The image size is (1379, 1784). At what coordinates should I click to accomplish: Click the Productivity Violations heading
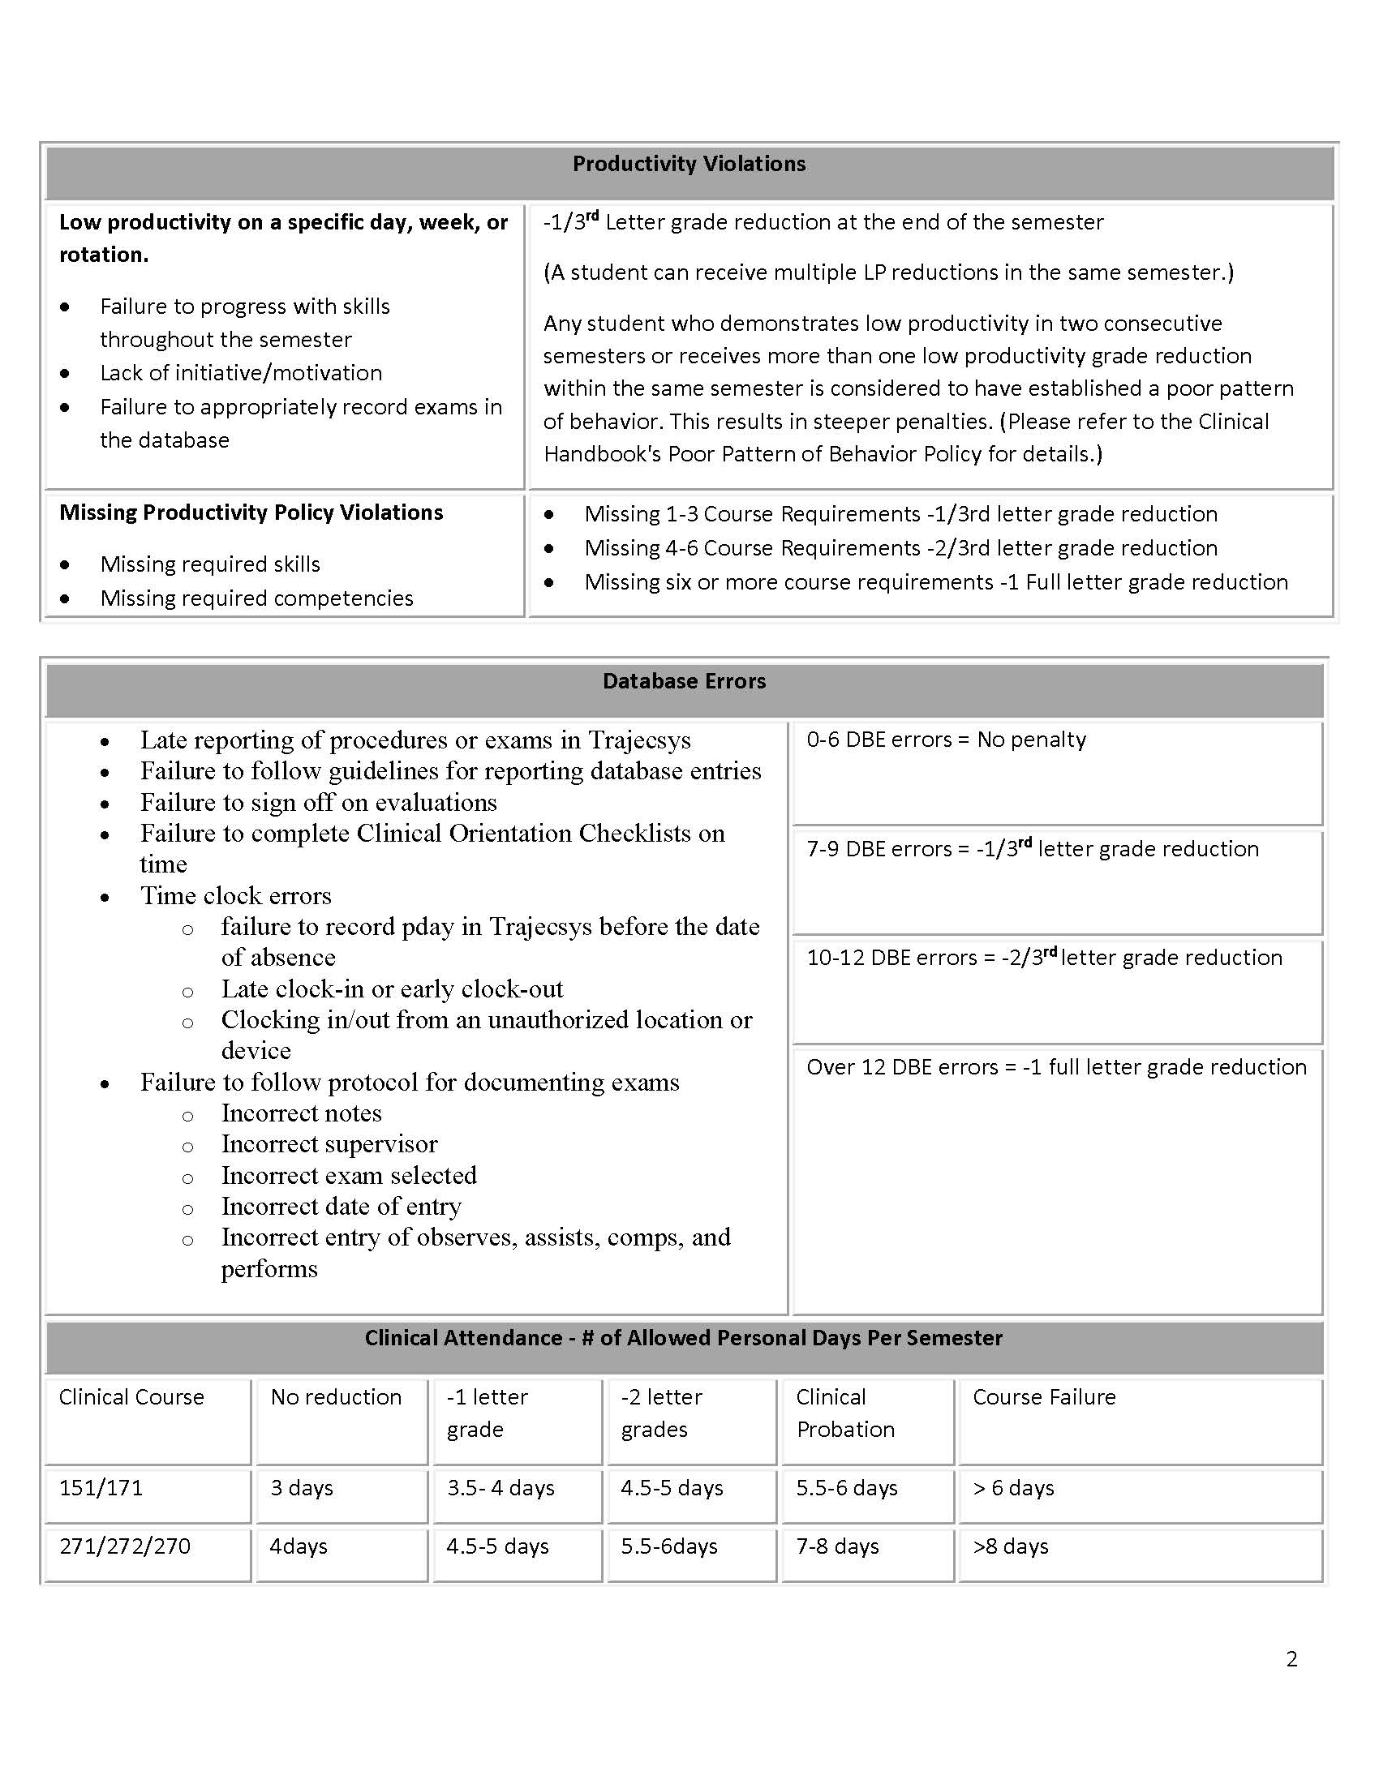[x=689, y=164]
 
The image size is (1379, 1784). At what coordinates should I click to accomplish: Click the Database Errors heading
[x=684, y=681]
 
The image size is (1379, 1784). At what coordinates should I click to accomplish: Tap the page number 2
[x=1291, y=1658]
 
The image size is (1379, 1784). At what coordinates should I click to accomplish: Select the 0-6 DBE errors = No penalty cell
[x=946, y=740]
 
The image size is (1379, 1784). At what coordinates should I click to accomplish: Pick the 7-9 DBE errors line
[x=1032, y=849]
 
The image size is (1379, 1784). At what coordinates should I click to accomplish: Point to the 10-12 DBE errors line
[x=1044, y=958]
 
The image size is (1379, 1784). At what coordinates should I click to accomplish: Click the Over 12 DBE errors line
[x=1055, y=1067]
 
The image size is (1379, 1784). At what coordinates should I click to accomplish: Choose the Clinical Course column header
[x=131, y=1397]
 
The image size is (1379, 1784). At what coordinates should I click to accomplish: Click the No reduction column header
[x=336, y=1397]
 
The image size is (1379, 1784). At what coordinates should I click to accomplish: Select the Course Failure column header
[x=1043, y=1397]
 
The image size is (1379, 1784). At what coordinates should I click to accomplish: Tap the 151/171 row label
[x=101, y=1487]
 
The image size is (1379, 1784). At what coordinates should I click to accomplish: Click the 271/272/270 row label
[x=124, y=1546]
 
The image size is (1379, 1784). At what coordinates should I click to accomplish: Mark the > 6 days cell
[x=1013, y=1487]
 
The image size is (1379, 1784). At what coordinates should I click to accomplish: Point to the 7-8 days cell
[x=837, y=1546]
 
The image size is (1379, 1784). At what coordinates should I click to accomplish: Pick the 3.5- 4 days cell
[x=500, y=1487]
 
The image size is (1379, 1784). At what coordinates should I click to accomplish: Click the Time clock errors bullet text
[x=235, y=896]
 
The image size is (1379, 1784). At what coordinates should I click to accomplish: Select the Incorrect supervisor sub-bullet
[x=329, y=1144]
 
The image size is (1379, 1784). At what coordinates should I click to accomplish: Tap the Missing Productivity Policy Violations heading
[x=251, y=512]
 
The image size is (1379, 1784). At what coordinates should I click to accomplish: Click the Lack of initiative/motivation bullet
[x=241, y=373]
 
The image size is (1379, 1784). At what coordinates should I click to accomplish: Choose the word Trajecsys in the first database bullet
[x=640, y=740]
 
